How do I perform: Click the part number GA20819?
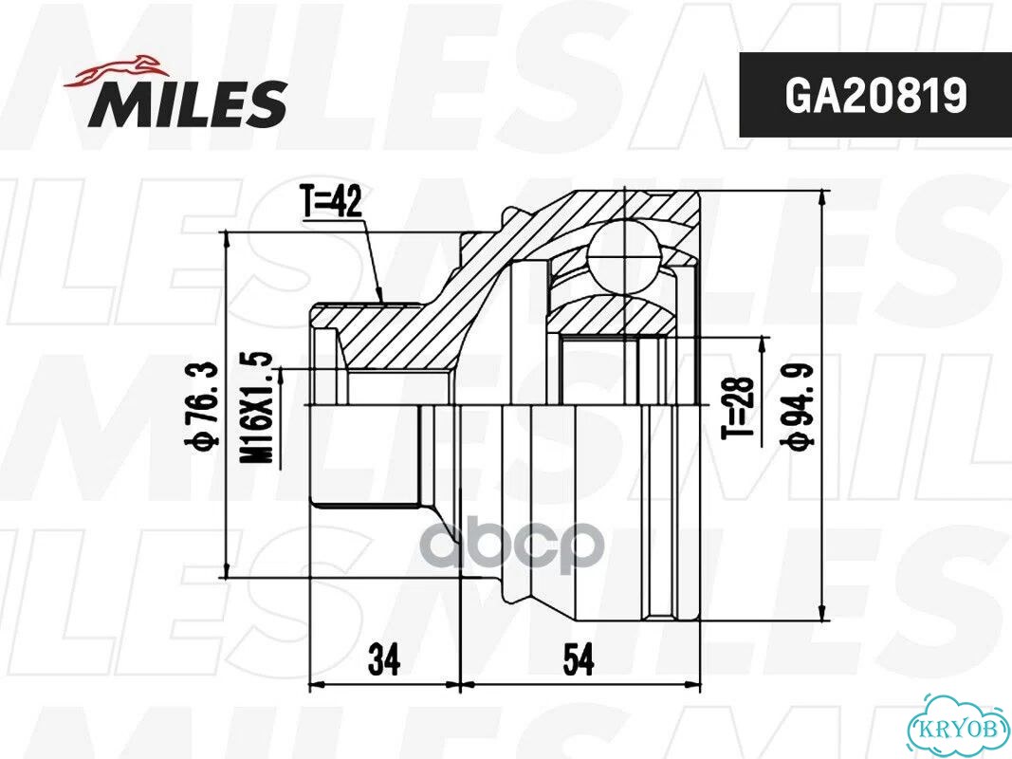pyautogui.click(x=875, y=97)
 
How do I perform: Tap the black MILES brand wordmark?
pyautogui.click(x=188, y=103)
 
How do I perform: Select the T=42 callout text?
pyautogui.click(x=331, y=202)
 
